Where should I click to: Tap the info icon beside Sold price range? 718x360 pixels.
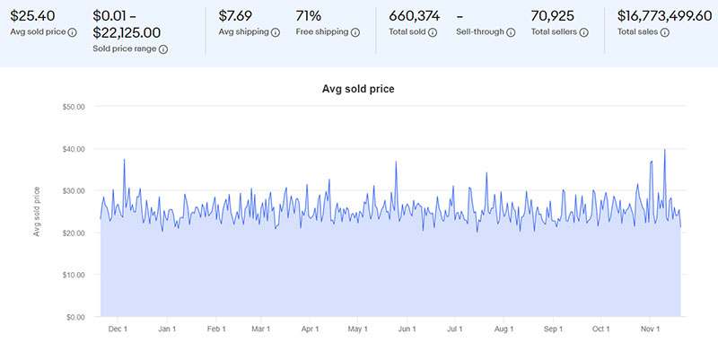[163, 49]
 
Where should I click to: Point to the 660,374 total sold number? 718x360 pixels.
[416, 14]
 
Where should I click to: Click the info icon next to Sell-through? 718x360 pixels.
[511, 32]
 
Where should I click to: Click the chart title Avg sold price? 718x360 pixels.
[358, 89]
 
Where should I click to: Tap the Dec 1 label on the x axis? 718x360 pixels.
[118, 329]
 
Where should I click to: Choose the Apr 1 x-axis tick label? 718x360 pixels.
[310, 329]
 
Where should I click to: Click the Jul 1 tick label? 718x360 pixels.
[454, 329]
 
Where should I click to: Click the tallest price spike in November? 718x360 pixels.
[664, 150]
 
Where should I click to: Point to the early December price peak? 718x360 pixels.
[124, 160]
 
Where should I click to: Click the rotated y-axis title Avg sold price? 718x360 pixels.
[37, 211]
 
